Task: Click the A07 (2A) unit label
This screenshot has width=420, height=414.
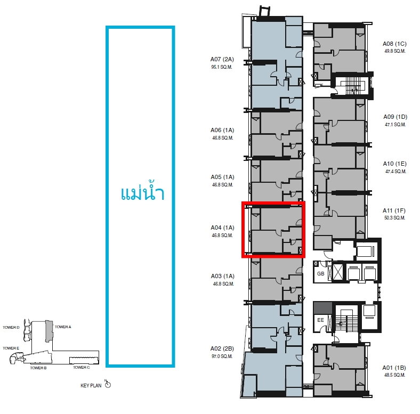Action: (222, 59)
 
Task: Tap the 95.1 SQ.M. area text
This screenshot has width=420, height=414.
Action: (222, 67)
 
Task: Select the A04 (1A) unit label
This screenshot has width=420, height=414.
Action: (222, 228)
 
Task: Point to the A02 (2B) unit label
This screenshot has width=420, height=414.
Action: (222, 348)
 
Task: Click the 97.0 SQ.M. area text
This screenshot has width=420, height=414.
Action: (222, 356)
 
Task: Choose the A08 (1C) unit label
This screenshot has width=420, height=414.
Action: (394, 44)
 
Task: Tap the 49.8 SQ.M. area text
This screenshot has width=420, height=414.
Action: (395, 51)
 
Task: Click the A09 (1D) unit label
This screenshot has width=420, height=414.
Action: (395, 117)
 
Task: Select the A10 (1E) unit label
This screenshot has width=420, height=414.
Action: (394, 164)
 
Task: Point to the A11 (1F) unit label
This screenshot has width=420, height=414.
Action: (394, 211)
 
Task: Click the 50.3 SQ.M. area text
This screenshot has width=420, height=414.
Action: (394, 218)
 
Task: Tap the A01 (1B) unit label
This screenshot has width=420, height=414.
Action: (394, 368)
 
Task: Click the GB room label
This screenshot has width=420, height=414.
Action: (321, 274)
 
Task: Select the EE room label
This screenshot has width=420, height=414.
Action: (321, 320)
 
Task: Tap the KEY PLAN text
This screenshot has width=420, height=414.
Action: (91, 386)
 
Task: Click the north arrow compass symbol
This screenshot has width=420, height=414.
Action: (108, 384)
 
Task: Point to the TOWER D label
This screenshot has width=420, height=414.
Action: (11, 328)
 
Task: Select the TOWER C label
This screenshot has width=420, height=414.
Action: (82, 368)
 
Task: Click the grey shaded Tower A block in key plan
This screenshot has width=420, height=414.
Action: (49, 331)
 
